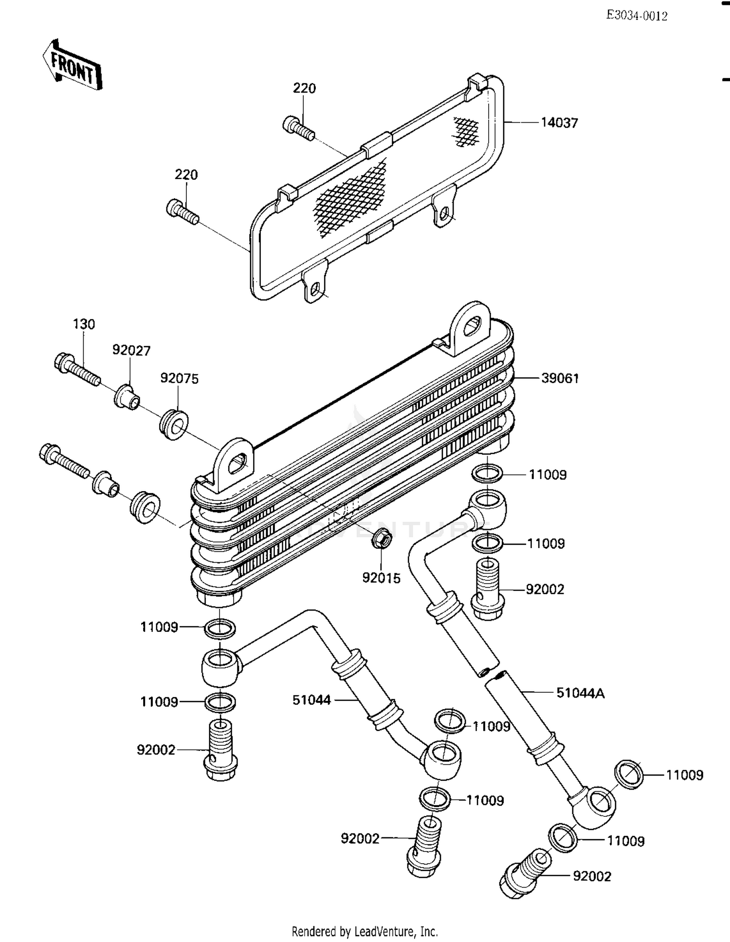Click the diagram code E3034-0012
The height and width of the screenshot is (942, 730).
[636, 16]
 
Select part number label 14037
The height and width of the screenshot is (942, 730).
[559, 123]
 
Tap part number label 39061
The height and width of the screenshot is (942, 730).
[560, 378]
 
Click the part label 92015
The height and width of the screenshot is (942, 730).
[381, 578]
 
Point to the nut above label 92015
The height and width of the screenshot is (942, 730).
[380, 538]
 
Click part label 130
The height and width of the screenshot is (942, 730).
[84, 324]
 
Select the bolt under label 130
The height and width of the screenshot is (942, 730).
[77, 369]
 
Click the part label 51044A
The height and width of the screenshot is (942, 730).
[580, 693]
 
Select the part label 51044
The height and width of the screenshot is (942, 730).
[311, 700]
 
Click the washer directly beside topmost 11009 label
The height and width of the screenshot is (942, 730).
[488, 473]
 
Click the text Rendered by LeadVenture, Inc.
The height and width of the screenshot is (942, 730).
[365, 931]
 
